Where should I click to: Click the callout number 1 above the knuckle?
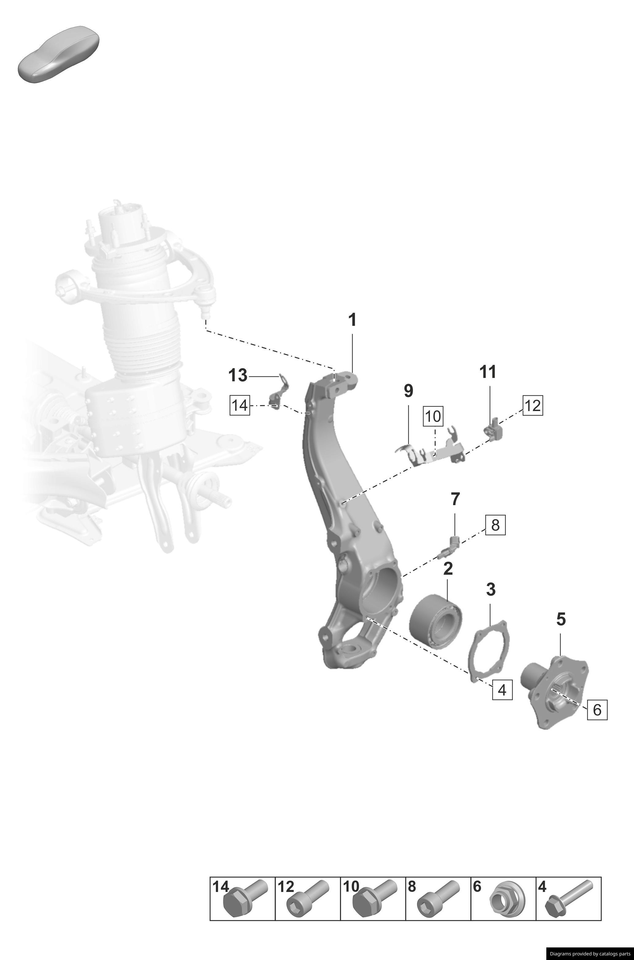[x=352, y=320]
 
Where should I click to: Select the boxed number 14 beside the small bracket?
[x=240, y=405]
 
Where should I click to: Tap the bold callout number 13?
[x=238, y=375]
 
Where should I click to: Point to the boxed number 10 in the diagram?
[x=433, y=416]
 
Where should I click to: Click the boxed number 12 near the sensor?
[x=532, y=405]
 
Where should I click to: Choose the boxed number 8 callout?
[x=495, y=525]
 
